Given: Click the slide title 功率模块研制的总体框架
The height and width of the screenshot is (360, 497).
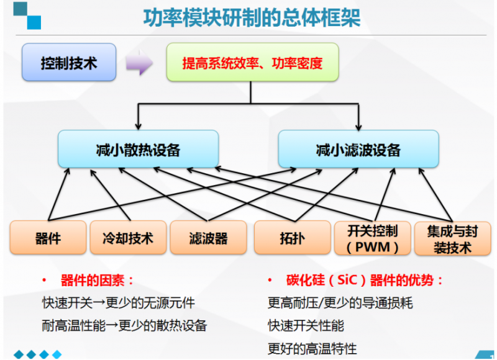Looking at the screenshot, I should (251, 18).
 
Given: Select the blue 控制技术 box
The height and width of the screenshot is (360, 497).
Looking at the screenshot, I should (69, 63).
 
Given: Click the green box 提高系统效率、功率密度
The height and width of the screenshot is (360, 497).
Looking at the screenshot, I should (252, 63).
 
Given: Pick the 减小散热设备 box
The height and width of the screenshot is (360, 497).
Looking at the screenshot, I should (138, 149).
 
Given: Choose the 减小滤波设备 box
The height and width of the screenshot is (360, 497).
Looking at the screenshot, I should (358, 149).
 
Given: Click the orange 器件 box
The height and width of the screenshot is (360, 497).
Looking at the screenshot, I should (48, 238).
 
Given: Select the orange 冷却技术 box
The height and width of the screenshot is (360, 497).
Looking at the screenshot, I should (127, 238).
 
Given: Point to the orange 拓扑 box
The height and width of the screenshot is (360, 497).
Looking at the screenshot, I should (292, 238).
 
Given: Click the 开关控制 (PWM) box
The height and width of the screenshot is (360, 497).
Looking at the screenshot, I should (373, 238).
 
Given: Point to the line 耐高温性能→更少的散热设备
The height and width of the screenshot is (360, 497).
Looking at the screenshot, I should (124, 325).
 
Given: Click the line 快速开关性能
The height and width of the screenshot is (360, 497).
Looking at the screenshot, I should (306, 325).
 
